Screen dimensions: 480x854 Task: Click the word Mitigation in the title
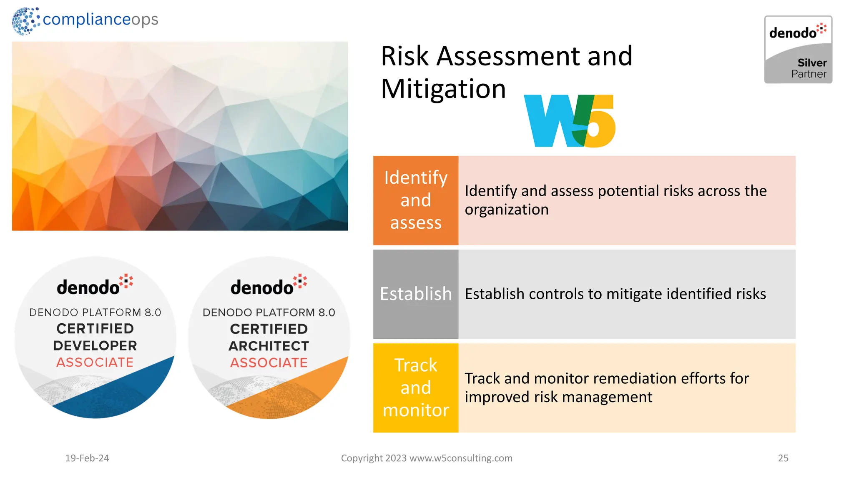[x=443, y=89]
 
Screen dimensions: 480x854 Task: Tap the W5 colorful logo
[x=570, y=121]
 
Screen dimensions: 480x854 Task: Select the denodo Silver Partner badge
[x=798, y=50]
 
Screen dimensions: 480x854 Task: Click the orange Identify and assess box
[x=415, y=200]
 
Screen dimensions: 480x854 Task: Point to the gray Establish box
[x=415, y=294]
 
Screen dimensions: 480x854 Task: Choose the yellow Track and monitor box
[x=415, y=387]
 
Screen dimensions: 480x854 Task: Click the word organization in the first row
[x=507, y=210]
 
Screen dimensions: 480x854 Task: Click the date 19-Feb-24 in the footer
[x=87, y=458]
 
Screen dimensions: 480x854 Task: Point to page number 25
[x=783, y=458]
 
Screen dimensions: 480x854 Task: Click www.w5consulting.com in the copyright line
[x=461, y=458]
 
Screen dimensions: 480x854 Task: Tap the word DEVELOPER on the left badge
[x=95, y=345]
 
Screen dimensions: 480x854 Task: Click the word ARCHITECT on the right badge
[x=269, y=346]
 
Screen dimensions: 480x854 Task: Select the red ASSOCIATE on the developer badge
[x=95, y=362]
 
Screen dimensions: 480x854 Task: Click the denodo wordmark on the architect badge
[x=262, y=287]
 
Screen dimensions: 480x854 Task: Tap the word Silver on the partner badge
[x=812, y=63]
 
